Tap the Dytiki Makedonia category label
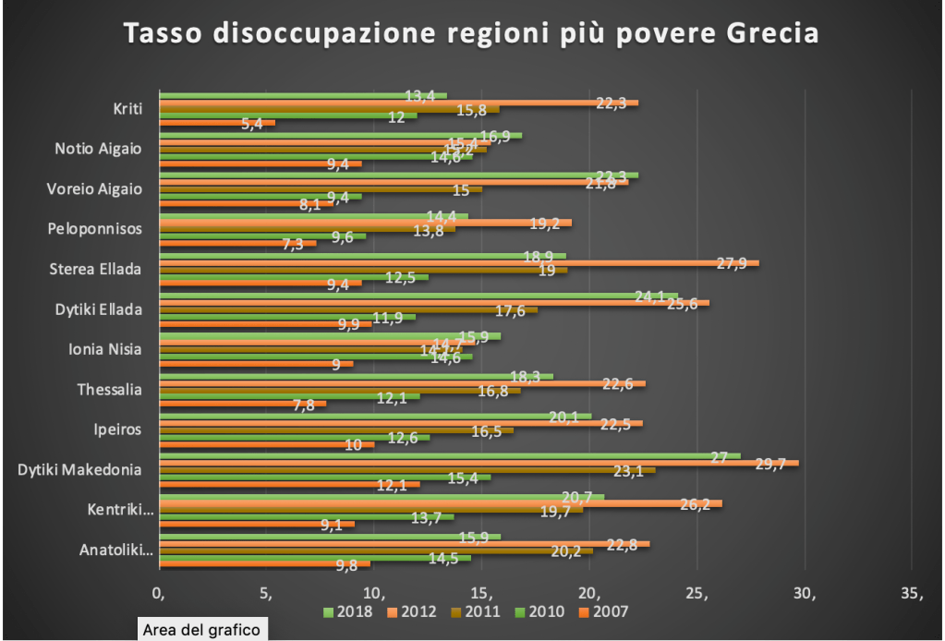pos(79,470)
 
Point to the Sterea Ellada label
pos(96,270)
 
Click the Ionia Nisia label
pos(105,350)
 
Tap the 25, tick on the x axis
pos(697,592)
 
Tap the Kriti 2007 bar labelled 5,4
pos(217,123)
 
